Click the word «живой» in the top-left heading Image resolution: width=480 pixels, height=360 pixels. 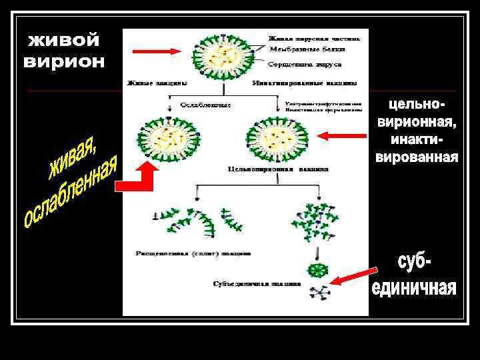point(64,42)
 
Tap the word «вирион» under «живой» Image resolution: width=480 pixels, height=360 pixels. point(64,62)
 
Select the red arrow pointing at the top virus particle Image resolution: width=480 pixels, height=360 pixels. point(156,51)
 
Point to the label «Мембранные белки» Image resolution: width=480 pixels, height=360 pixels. point(300,49)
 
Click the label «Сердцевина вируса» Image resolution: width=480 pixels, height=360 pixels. point(305,65)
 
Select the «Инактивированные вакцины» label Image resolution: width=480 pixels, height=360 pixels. point(305,83)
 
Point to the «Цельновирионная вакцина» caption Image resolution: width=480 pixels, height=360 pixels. point(278,169)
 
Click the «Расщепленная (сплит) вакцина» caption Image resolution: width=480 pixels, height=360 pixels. point(193,253)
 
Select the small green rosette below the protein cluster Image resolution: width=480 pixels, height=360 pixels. point(317,270)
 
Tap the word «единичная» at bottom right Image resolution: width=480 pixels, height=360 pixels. point(414,289)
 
